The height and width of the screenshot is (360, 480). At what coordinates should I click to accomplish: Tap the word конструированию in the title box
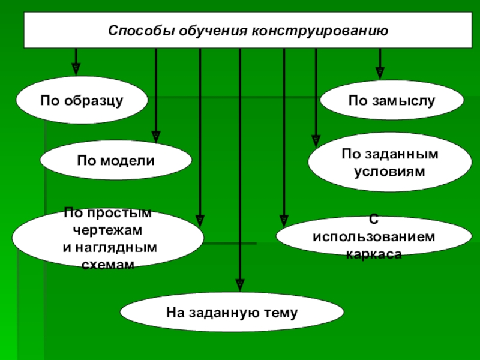click(x=320, y=31)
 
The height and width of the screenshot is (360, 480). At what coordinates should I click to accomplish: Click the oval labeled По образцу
click(x=82, y=100)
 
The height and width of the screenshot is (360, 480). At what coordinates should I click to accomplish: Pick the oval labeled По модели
click(x=116, y=161)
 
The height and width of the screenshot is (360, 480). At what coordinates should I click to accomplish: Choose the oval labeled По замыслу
click(x=391, y=100)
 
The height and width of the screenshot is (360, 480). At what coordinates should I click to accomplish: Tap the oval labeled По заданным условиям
click(x=390, y=163)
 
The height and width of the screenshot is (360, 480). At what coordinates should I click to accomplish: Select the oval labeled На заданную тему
click(x=232, y=313)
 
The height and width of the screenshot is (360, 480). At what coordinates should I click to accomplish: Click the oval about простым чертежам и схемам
click(x=108, y=238)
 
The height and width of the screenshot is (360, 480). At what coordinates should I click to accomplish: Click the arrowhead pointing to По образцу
click(x=76, y=68)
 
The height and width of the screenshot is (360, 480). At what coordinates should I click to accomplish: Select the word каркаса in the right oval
click(x=373, y=254)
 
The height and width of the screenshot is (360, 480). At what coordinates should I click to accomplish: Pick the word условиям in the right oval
click(x=390, y=171)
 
